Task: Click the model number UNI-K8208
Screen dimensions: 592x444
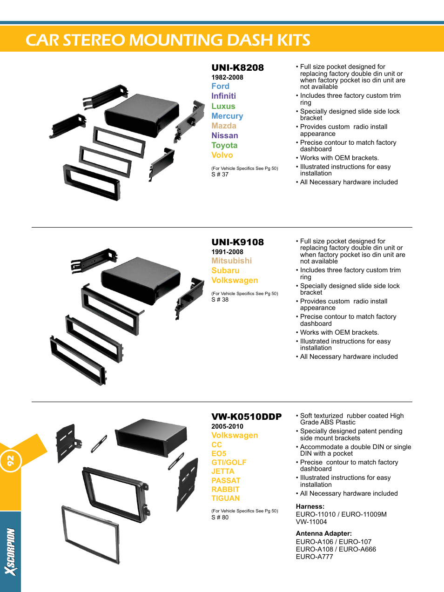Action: pyautogui.click(x=237, y=67)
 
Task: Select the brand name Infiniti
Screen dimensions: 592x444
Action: pyautogui.click(x=223, y=96)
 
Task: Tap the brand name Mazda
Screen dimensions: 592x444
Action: pyautogui.click(x=224, y=126)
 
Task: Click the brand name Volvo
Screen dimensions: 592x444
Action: pyautogui.click(x=222, y=155)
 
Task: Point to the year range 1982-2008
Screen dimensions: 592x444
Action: pyautogui.click(x=227, y=77)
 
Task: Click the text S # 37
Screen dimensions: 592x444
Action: pyautogui.click(x=220, y=175)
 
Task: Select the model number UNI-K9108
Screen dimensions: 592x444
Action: pyautogui.click(x=237, y=242)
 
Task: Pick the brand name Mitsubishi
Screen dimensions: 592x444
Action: pyautogui.click(x=231, y=261)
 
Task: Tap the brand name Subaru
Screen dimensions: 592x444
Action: pyautogui.click(x=225, y=270)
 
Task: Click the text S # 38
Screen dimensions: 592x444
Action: pyautogui.click(x=220, y=300)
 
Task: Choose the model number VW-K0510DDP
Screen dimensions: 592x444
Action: pyautogui.click(x=246, y=417)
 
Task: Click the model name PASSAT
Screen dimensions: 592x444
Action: pyautogui.click(x=226, y=480)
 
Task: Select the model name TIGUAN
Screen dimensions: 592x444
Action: pyautogui.click(x=225, y=498)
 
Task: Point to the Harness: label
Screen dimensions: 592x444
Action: pyautogui.click(x=310, y=506)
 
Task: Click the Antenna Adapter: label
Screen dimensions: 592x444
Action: pyautogui.click(x=323, y=533)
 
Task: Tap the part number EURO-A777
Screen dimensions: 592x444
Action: pyautogui.click(x=314, y=557)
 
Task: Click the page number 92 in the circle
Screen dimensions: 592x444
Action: pyautogui.click(x=10, y=461)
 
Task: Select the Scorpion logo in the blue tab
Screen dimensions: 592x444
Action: pyautogui.click(x=10, y=552)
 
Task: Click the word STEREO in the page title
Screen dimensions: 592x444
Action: pyautogui.click(x=94, y=40)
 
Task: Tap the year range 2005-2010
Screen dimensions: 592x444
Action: pyautogui.click(x=227, y=426)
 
